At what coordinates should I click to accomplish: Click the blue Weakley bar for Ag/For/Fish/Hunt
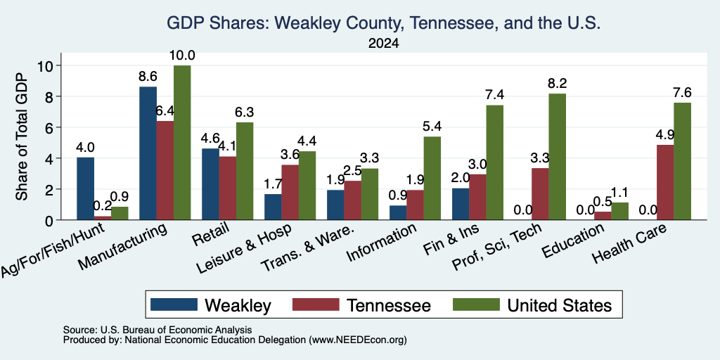coord(85,188)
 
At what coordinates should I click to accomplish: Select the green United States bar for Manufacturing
coord(182,143)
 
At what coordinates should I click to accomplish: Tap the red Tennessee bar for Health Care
coord(665,182)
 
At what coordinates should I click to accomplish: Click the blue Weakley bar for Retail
coord(210,184)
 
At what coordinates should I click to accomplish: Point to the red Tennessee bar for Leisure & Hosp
coord(290,193)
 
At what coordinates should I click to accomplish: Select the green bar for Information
coord(432,178)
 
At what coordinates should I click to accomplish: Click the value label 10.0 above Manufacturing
coord(182,56)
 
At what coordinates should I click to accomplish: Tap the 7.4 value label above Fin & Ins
coord(494,95)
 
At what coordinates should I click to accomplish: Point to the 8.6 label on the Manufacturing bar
coord(148,77)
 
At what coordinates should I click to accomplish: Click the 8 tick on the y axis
coord(51,96)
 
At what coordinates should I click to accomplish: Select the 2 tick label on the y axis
coord(51,189)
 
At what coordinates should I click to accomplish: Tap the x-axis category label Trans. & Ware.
coord(307,248)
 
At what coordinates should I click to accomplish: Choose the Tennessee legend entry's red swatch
coord(316,304)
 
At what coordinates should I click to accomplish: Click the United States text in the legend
coord(559,305)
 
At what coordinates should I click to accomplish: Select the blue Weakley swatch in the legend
coord(174,304)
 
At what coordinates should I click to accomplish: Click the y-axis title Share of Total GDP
coord(22,136)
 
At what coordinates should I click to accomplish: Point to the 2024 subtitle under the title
coord(383,44)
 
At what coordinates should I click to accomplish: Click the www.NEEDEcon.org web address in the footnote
coord(358,340)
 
